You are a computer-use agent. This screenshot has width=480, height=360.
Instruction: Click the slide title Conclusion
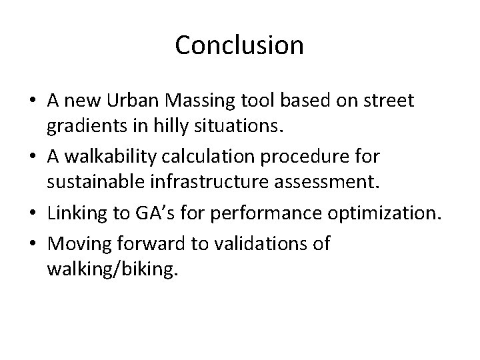[239, 45]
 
